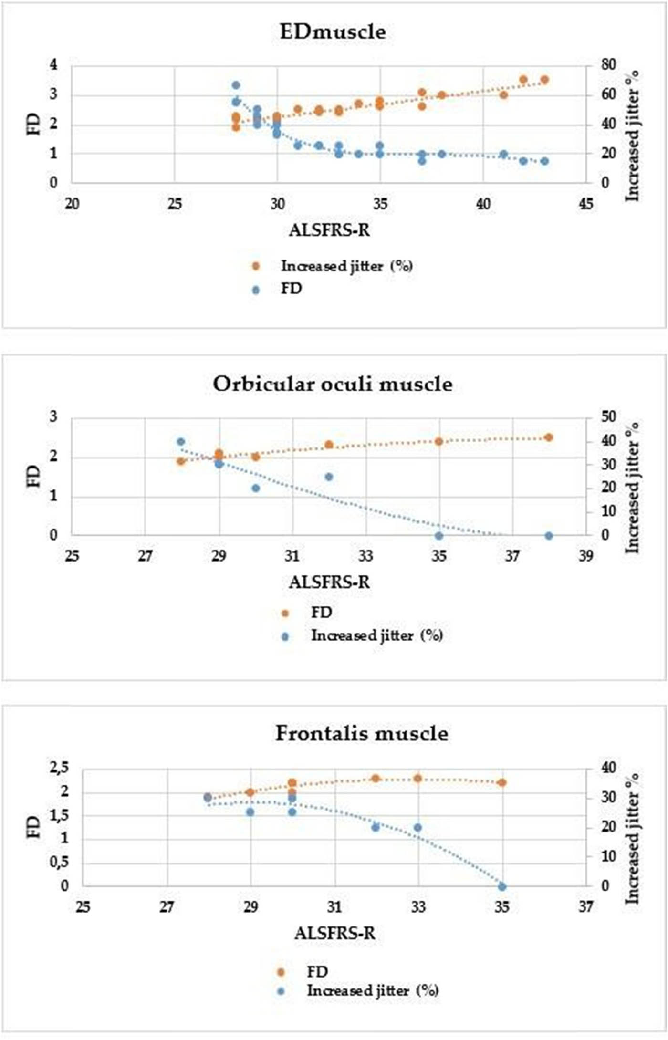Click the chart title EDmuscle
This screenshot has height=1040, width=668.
point(333,32)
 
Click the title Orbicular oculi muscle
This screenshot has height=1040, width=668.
point(333,384)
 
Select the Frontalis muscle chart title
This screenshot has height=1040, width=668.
point(362,733)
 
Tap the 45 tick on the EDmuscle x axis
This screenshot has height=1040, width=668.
point(586,204)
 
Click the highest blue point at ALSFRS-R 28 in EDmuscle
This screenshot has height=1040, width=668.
point(236,85)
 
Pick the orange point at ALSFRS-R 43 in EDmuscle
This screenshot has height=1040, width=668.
point(544,80)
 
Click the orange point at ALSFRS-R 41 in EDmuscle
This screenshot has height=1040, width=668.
point(503,95)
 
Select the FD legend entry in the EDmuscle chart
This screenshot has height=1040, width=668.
point(291,289)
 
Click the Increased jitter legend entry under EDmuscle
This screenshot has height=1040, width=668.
point(346,266)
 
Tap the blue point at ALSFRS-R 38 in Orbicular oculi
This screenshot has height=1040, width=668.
point(549,536)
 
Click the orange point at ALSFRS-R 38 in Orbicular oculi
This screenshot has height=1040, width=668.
point(549,437)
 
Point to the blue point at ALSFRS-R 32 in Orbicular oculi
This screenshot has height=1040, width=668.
point(329,477)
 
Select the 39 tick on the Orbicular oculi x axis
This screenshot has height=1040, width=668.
point(586,556)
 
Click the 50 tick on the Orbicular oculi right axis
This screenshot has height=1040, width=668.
point(607,417)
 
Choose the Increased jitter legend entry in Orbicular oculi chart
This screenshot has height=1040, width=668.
point(377,636)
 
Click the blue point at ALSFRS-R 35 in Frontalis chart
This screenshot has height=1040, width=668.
point(502,886)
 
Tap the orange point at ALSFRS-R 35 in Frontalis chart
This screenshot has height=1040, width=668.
point(502,782)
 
